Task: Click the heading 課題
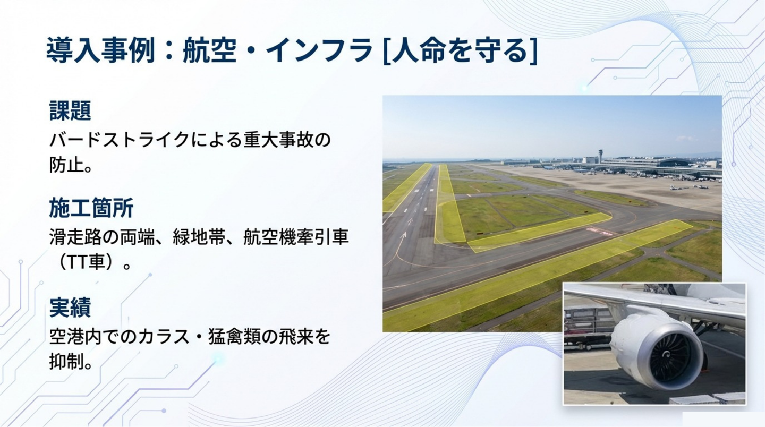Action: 70,110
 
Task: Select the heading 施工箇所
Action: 91,208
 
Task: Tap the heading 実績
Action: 70,307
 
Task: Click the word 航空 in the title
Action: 209,50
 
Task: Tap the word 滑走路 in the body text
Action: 75,237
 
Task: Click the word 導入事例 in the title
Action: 100,50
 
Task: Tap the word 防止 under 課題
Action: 66,166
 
